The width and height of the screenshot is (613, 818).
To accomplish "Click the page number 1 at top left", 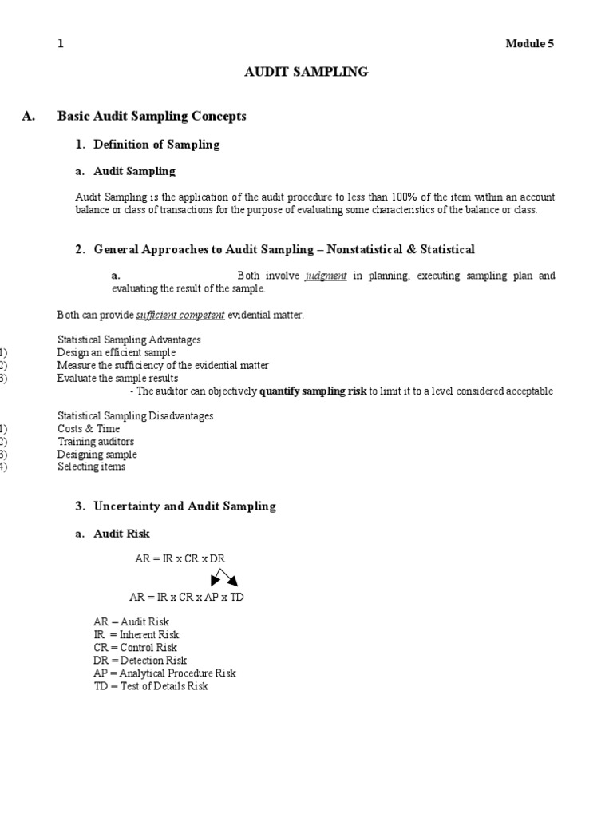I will pyautogui.click(x=61, y=44).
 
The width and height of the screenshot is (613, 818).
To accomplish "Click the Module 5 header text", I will pyautogui.click(x=529, y=44).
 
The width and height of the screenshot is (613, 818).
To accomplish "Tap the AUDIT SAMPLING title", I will pyautogui.click(x=306, y=72).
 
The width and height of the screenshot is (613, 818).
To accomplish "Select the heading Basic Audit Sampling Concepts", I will pyautogui.click(x=152, y=117).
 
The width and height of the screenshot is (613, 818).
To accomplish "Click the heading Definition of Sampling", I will pyautogui.click(x=156, y=145).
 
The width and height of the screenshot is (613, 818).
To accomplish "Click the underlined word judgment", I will pyautogui.click(x=326, y=276).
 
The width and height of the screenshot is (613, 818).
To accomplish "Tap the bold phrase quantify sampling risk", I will pyautogui.click(x=313, y=391).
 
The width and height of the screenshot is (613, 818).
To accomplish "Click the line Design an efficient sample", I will pyautogui.click(x=117, y=352).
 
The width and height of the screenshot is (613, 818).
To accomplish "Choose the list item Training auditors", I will pyautogui.click(x=96, y=442).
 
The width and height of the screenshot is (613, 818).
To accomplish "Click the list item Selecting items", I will pyautogui.click(x=91, y=467).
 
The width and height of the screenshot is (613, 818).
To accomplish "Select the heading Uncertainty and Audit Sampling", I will pyautogui.click(x=184, y=506).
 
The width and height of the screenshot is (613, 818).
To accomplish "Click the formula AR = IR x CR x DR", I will pyautogui.click(x=186, y=559).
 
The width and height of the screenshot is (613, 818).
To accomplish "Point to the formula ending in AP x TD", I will pyautogui.click(x=187, y=597).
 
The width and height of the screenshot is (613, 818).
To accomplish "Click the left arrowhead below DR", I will pyautogui.click(x=216, y=581).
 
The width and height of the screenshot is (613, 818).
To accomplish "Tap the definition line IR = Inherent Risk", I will pyautogui.click(x=136, y=635).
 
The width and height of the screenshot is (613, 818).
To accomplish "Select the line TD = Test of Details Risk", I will pyautogui.click(x=151, y=686).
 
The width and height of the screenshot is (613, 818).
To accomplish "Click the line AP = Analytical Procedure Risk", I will pyautogui.click(x=164, y=673).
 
